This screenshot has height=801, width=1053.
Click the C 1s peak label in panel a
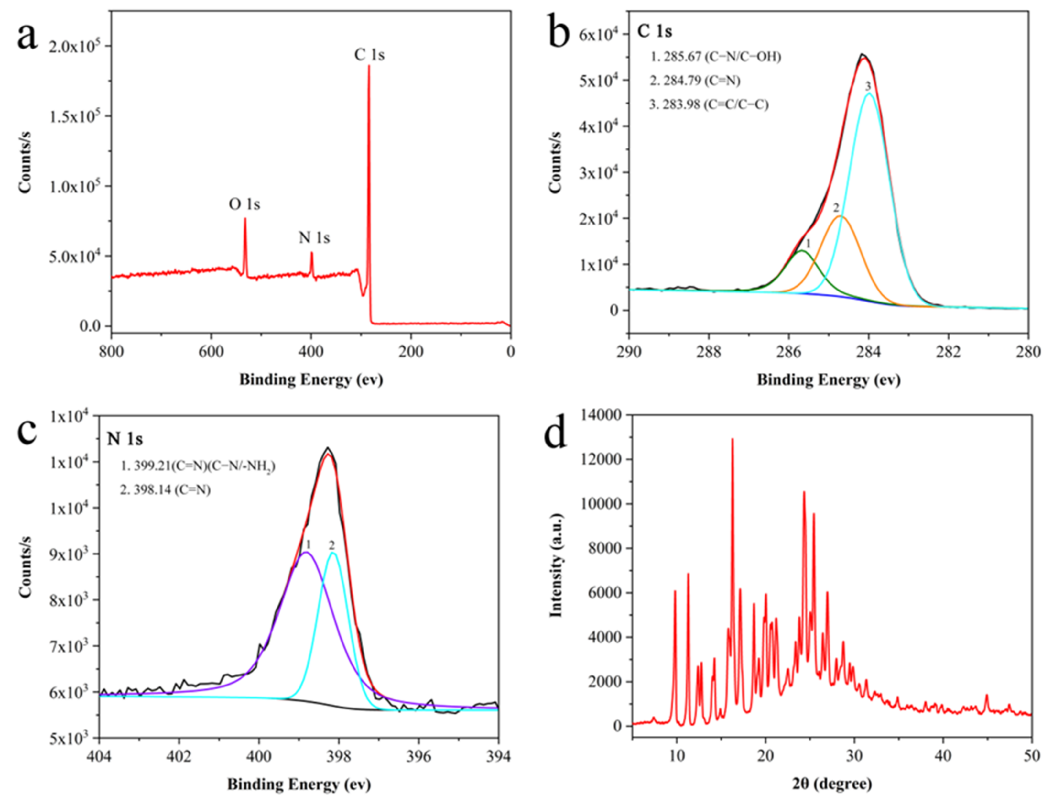[x=369, y=55]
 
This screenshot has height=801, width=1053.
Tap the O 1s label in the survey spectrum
[x=244, y=204]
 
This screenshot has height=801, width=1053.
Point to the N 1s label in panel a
[x=314, y=237]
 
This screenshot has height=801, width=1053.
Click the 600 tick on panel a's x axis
[x=211, y=352]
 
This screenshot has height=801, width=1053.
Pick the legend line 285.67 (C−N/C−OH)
[x=715, y=57]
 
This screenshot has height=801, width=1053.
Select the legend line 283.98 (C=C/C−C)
[x=709, y=104]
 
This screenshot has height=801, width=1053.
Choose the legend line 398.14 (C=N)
[x=165, y=490]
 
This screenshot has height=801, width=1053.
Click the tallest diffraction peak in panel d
[x=732, y=439]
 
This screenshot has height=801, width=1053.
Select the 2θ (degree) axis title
[x=831, y=783]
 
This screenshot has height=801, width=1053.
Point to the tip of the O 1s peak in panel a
[x=245, y=219]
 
